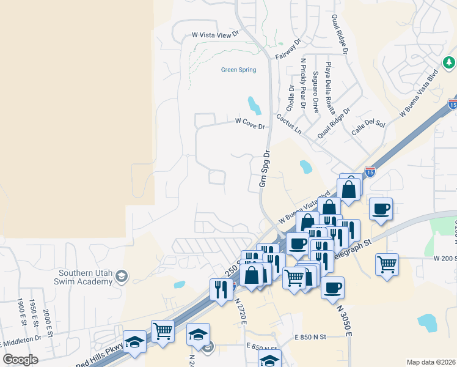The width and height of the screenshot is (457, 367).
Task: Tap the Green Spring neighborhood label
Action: (x=238, y=70)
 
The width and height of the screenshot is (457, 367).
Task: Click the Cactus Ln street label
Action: (x=288, y=124)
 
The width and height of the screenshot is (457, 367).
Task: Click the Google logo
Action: (x=21, y=360)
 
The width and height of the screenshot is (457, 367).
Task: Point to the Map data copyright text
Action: (x=431, y=362)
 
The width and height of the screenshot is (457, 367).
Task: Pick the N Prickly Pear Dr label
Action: (x=303, y=83)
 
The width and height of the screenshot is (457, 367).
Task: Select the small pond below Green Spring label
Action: (x=254, y=105)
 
